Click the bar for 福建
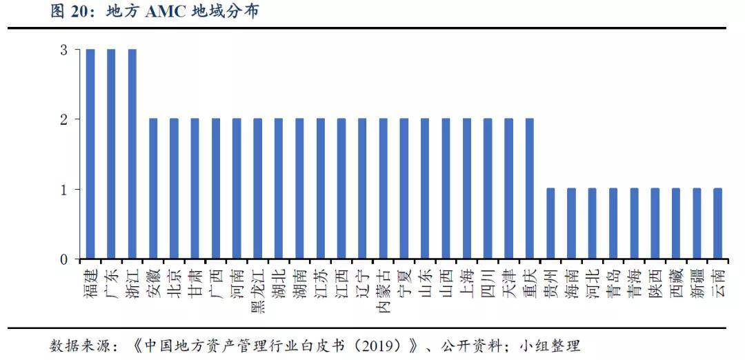coord(90,154)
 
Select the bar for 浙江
coord(132,154)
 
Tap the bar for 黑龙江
coord(257,188)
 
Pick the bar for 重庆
coord(530,188)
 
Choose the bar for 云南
coord(718,223)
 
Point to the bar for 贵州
coord(550,223)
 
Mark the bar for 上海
coord(467,188)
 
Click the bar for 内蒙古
coord(384,188)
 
